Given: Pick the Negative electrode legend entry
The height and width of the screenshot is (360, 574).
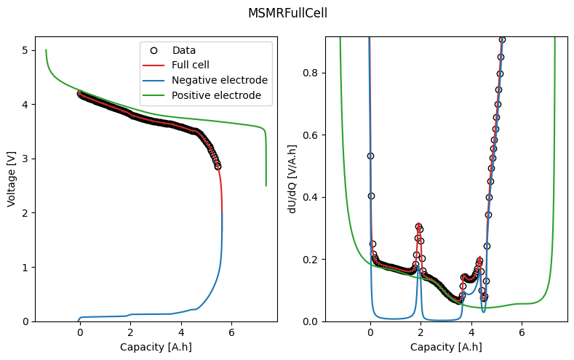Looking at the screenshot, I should [210, 80].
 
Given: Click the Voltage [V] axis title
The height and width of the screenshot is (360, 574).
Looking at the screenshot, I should [12, 179].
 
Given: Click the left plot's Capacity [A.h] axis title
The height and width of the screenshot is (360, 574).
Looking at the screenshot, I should [156, 347].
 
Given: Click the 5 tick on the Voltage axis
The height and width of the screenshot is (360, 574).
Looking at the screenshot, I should [25, 50].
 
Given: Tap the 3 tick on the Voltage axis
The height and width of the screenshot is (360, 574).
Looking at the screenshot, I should [25, 159].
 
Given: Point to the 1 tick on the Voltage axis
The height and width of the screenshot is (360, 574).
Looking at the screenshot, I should [25, 267].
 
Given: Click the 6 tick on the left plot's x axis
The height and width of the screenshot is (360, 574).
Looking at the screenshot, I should [231, 332].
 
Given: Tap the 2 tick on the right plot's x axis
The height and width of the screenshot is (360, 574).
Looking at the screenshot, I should [420, 332].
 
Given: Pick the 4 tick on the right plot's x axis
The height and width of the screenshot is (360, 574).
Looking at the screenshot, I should [471, 332].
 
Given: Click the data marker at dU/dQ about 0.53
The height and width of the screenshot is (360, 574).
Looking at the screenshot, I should [370, 156].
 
